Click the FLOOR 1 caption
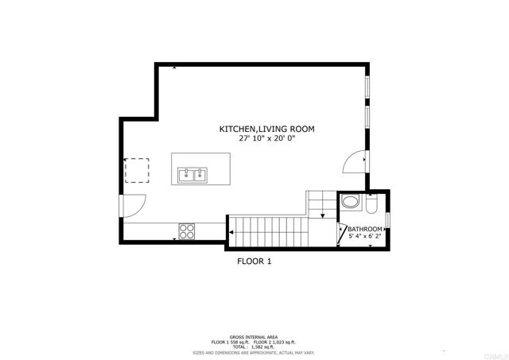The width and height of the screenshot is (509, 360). pos(254,260)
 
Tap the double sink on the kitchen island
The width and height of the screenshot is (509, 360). pos(191,174)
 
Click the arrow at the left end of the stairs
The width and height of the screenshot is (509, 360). pos(233,231)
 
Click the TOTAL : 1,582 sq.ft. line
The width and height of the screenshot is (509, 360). pos(254,346)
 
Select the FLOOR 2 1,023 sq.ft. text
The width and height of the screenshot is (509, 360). pos(277,342)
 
